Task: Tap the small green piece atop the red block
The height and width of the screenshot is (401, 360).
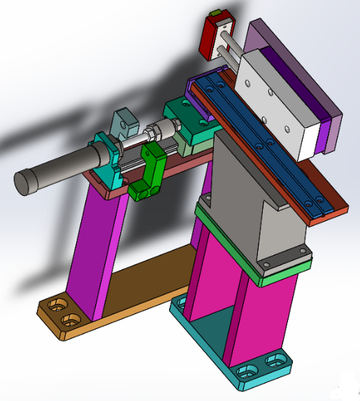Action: [216, 13]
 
